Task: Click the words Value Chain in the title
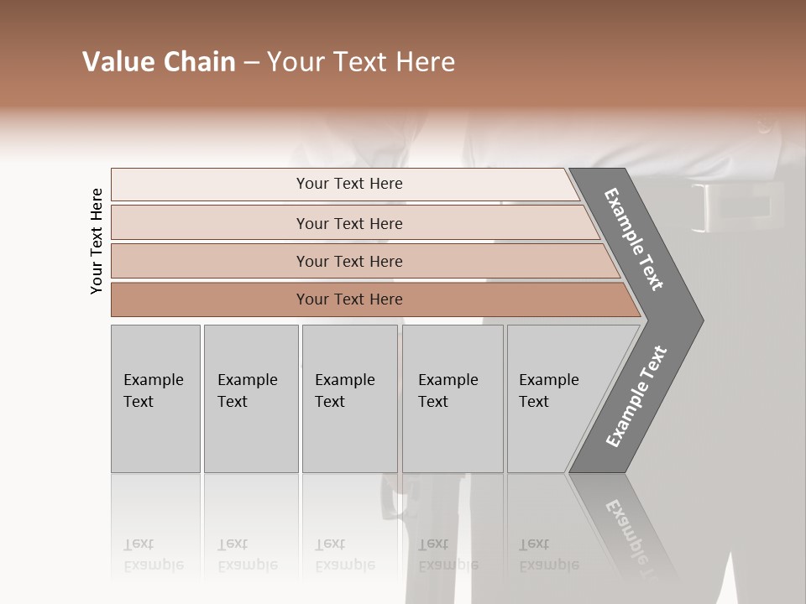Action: [x=159, y=62]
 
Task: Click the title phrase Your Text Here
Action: [x=361, y=62]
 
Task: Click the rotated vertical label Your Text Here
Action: [x=97, y=241]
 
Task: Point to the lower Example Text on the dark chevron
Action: [x=636, y=396]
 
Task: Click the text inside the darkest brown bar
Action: [x=349, y=299]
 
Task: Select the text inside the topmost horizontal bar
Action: [x=349, y=184]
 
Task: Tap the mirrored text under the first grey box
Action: [x=153, y=555]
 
